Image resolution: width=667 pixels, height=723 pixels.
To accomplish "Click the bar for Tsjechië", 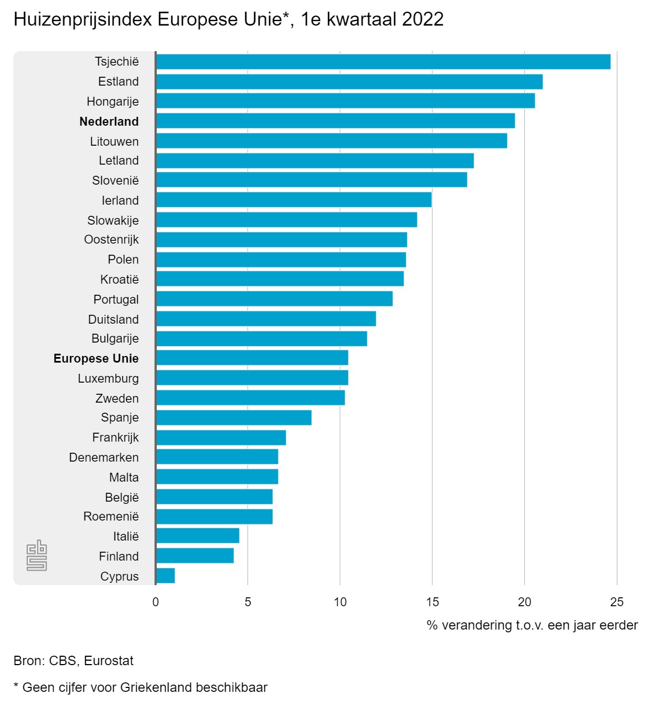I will point(384,62).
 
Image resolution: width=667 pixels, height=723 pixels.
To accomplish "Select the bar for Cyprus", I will point(166,576).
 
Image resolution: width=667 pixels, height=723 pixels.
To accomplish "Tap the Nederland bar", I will point(336,121).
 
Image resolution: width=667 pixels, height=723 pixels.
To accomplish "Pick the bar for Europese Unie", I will point(252,358).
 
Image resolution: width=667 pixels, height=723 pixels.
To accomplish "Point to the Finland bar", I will point(195,556).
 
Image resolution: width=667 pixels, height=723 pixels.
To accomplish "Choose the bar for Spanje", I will point(234,418).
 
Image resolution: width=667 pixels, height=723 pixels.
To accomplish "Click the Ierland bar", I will point(294,200).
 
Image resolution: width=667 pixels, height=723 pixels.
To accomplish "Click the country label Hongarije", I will point(113,102).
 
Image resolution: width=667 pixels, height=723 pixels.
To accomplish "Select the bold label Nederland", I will point(109,122).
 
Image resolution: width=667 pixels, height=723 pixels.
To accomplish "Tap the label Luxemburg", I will point(108,379).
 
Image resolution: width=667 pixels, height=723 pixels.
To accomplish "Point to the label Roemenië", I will point(111,517).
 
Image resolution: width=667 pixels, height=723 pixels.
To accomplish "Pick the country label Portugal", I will point(116,300).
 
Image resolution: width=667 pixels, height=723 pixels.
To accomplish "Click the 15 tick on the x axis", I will point(432,602).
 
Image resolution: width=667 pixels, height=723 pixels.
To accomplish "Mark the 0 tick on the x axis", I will point(156,602).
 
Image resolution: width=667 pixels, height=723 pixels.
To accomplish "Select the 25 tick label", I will point(617,602).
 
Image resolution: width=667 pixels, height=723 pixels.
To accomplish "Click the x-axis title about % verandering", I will point(532,626).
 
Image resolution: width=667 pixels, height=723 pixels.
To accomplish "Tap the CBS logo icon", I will point(37,555).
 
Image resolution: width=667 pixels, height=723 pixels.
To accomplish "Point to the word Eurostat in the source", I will point(109,661).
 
